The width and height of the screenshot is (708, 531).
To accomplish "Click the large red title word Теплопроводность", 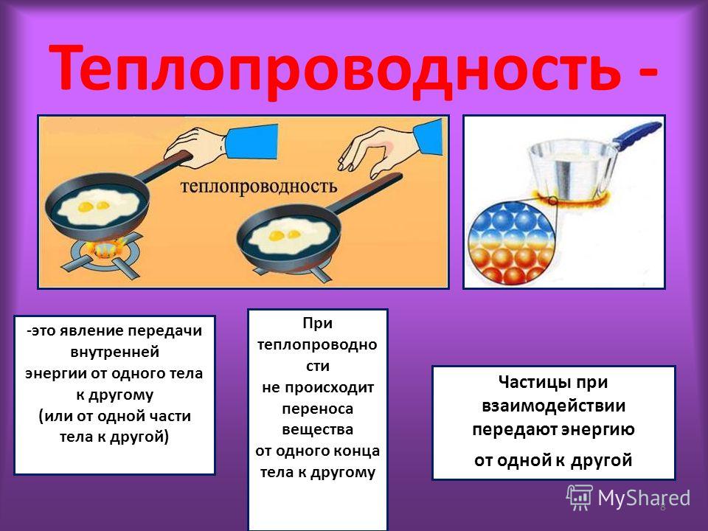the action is (335, 68).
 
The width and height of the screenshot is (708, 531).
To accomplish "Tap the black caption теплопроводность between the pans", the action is (259, 186).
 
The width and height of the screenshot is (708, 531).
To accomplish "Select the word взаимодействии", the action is (554, 406).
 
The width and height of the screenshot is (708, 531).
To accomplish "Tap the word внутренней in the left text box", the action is (115, 352).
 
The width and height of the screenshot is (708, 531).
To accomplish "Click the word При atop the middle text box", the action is (317, 323).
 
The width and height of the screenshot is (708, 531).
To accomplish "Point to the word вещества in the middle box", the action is (317, 429).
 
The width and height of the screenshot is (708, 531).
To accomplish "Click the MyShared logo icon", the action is (580, 498).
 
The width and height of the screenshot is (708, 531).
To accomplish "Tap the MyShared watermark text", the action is (644, 499).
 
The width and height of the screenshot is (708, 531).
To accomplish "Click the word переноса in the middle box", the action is (317, 409).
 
